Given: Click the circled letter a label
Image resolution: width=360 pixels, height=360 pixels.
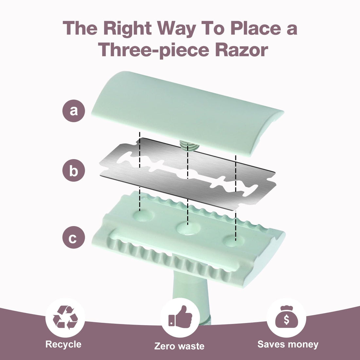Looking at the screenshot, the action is coord(74,111).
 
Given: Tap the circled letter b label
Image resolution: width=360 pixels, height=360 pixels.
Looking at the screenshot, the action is coord(74,171).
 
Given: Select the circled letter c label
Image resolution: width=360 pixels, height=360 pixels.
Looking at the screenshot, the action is coord(74,237).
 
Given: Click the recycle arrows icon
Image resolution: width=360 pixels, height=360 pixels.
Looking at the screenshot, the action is coord(65,317).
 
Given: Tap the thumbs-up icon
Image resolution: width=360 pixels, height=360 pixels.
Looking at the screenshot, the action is coord(180,317).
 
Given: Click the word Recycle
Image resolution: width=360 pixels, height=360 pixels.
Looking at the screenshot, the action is coord(63,344).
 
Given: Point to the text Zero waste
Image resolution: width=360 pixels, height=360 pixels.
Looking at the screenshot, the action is coord(179,346).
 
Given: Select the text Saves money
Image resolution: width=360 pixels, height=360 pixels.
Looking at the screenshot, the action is coord(288,344).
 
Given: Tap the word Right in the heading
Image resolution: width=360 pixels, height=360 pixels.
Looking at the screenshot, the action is coord(127,29).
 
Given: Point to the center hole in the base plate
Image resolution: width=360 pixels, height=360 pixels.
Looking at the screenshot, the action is coord(188,228).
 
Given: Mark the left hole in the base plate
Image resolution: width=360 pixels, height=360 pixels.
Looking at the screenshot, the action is coord(143,215).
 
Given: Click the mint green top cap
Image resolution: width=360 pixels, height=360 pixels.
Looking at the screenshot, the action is coord(187,113).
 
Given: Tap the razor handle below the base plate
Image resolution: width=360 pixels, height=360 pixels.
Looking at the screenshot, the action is coord(192,296).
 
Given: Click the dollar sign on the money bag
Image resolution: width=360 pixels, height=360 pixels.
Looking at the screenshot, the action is coord(286,319).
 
